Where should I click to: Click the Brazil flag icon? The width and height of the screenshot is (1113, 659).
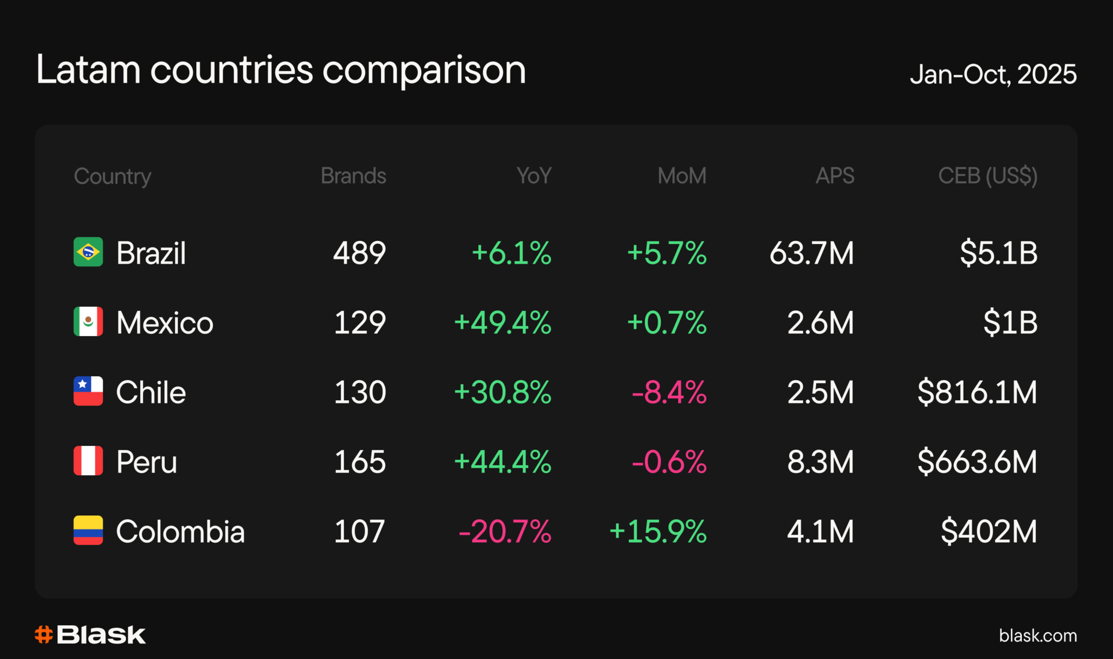[88, 252]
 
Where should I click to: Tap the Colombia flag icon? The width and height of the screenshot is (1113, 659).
[88, 530]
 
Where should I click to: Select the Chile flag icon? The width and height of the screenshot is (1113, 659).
[88, 391]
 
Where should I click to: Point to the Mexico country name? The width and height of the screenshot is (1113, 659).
[165, 322]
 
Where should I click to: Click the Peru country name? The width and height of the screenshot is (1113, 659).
[147, 462]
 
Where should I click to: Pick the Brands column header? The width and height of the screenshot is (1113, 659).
[353, 176]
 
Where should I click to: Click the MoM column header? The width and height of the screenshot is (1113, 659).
[682, 176]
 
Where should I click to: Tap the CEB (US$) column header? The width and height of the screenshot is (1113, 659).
[988, 176]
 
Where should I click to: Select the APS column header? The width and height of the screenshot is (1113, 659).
[835, 176]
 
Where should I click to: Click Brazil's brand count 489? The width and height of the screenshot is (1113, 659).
[359, 253]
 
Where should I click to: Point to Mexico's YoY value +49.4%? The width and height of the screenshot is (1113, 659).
[503, 322]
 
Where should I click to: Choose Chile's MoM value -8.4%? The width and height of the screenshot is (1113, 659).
[669, 392]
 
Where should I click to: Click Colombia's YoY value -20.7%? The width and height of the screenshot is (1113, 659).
[505, 531]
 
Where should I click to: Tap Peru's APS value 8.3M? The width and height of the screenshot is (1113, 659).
[821, 462]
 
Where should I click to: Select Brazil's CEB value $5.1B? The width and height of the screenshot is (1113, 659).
[999, 253]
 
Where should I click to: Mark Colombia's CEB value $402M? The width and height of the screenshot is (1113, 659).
[989, 531]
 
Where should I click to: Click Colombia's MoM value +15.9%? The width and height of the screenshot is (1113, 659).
[658, 531]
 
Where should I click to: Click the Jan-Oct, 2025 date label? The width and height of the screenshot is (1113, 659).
[993, 74]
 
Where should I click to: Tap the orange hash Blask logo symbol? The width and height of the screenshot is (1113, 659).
[43, 635]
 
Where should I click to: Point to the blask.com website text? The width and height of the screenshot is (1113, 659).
[1038, 635]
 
